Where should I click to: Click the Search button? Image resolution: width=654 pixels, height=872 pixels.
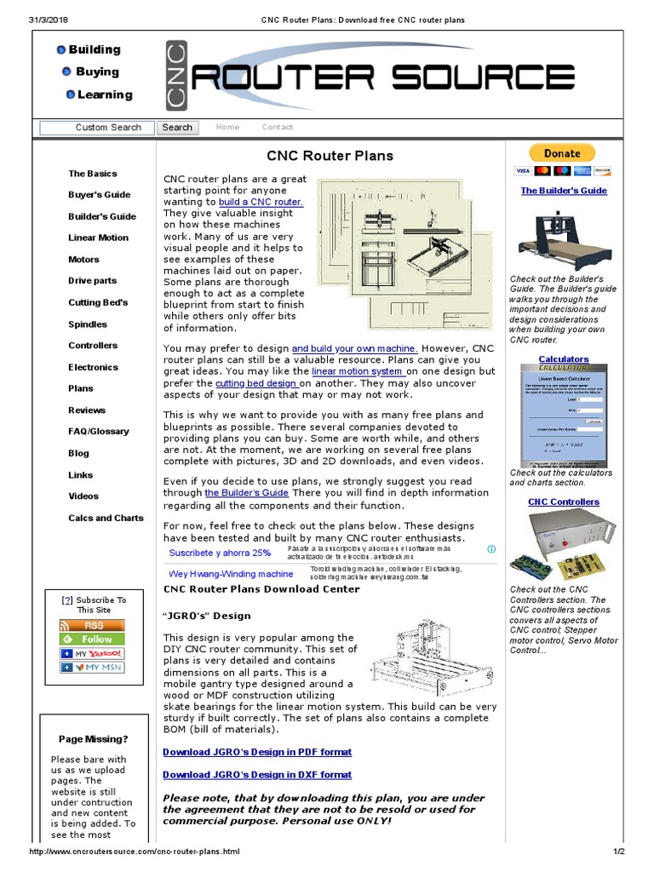[x=177, y=128]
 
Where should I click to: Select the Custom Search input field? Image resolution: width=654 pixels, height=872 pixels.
[x=96, y=128]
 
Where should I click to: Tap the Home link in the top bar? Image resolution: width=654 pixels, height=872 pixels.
[x=227, y=127]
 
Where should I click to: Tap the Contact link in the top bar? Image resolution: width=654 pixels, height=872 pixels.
[x=277, y=127]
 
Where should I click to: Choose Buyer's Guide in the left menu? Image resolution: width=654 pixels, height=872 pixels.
[x=100, y=195]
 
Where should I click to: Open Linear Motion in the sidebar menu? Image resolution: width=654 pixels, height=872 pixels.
[x=99, y=238]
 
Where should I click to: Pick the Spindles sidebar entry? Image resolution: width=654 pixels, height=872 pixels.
[x=88, y=324]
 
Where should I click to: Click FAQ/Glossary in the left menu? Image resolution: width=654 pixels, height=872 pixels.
[x=99, y=432]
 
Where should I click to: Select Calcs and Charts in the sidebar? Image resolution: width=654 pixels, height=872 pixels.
[x=106, y=518]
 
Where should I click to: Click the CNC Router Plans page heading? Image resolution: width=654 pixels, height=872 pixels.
[x=330, y=156]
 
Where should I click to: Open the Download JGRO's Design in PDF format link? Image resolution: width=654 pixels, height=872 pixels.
[x=257, y=752]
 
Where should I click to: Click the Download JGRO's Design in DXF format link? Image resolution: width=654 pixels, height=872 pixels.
[x=257, y=775]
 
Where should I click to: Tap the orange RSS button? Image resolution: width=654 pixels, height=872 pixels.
[x=92, y=625]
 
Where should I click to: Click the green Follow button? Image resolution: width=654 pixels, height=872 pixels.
[x=92, y=639]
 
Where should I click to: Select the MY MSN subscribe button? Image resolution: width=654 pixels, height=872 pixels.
[x=92, y=668]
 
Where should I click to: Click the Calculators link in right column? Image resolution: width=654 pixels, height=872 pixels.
[x=564, y=359]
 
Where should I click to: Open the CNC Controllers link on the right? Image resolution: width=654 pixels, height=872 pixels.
[x=564, y=502]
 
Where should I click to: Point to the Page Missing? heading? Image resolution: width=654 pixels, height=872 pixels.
[x=94, y=739]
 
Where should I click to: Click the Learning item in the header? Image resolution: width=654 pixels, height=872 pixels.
[x=105, y=95]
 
